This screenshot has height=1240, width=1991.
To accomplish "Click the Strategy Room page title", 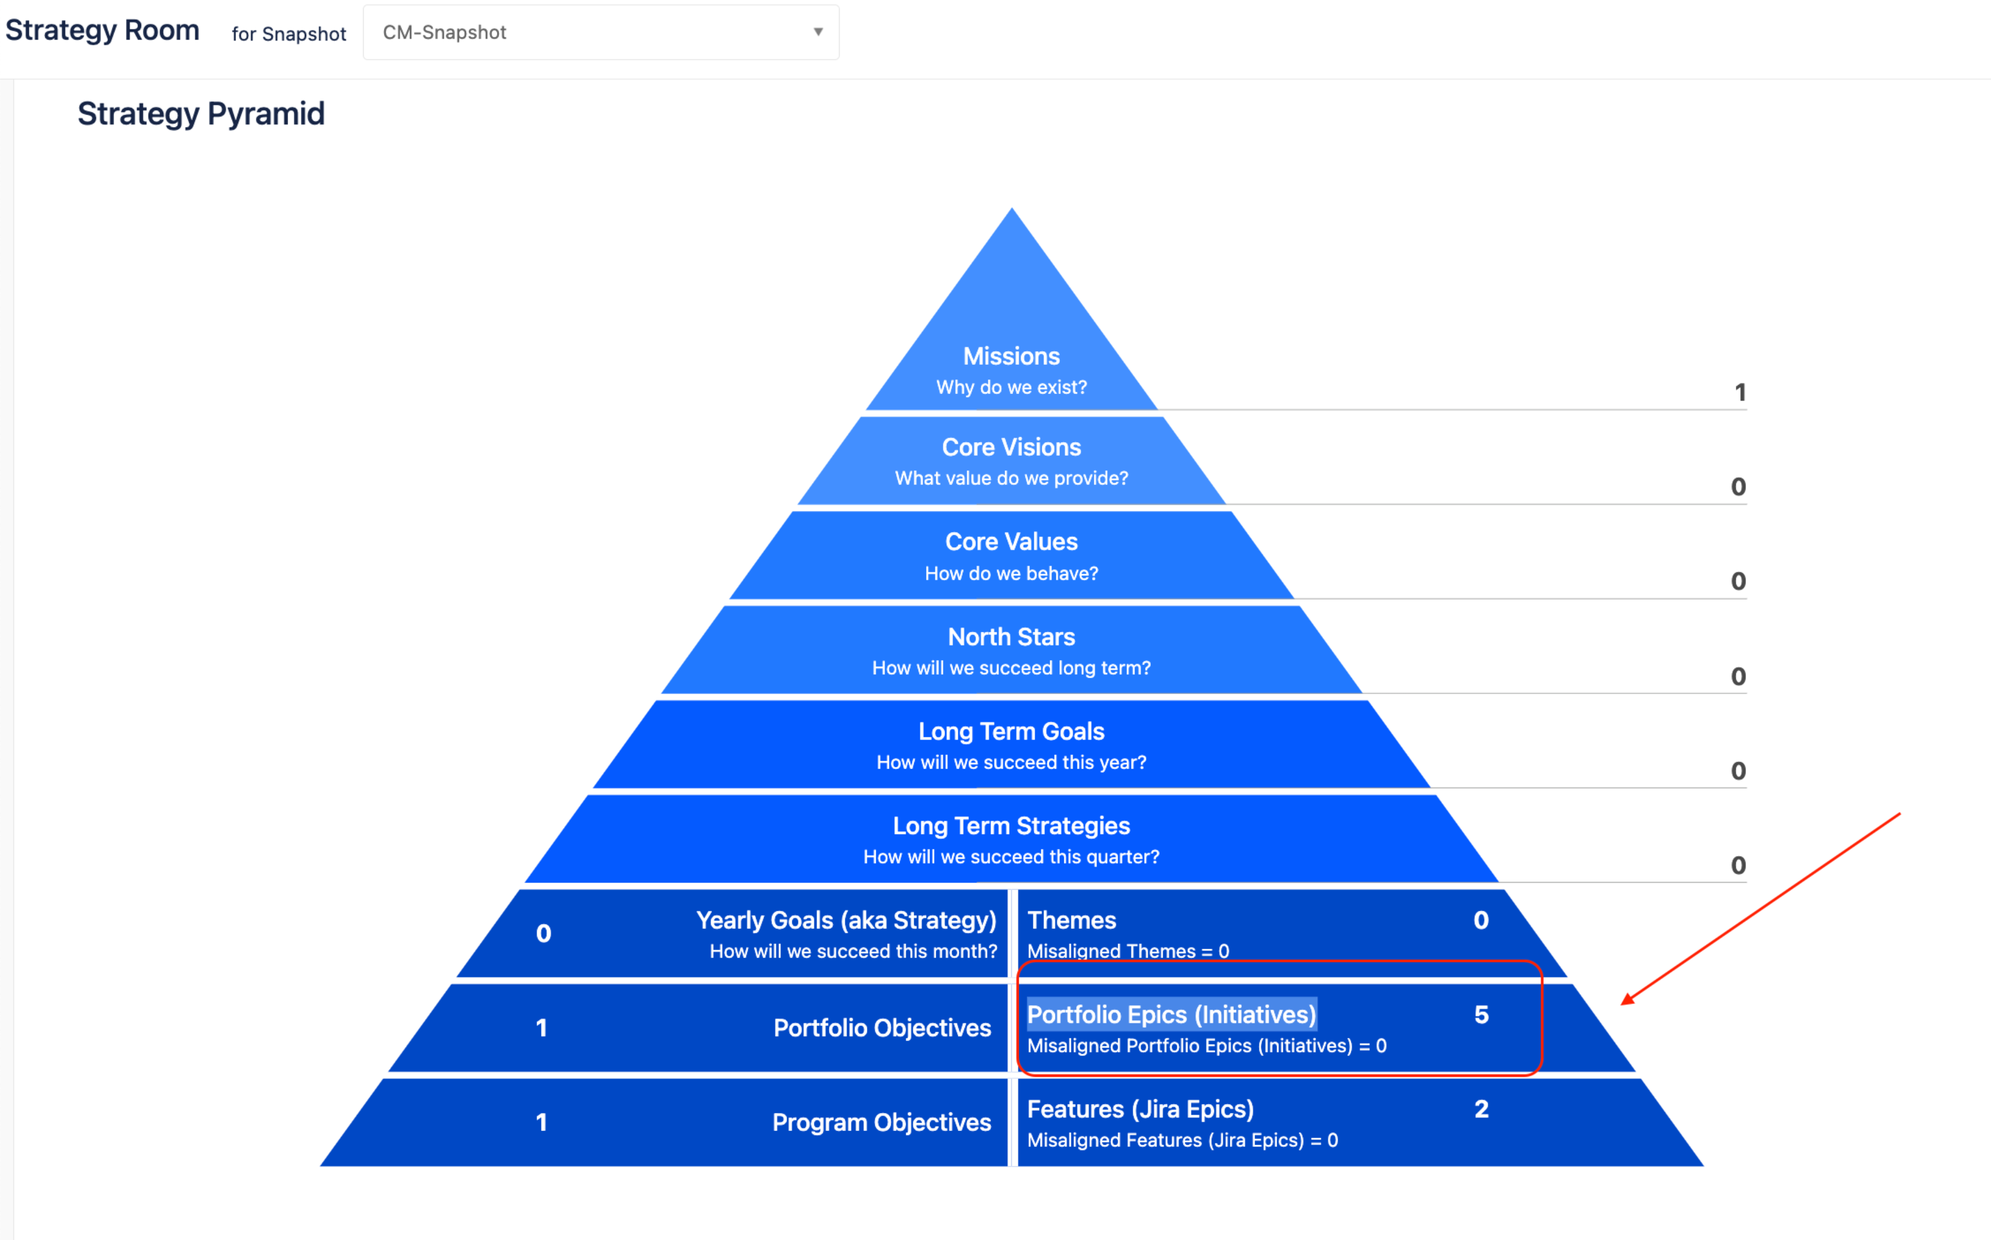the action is tap(103, 30).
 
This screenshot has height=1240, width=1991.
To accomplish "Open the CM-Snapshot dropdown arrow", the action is tap(818, 32).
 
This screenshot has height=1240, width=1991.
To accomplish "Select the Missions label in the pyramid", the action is tap(1011, 356).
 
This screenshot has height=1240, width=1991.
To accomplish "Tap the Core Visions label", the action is tap(1011, 447).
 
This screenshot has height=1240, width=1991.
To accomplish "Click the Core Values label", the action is tap(1011, 542).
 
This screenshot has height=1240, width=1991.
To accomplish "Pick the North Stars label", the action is tap(1011, 636).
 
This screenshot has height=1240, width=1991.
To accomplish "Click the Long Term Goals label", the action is tap(1011, 731).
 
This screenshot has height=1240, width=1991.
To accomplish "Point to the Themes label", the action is tap(1072, 920).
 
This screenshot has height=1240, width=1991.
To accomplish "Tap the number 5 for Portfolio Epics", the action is tap(1481, 1015).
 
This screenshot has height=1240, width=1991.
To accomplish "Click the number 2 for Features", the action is tap(1481, 1109).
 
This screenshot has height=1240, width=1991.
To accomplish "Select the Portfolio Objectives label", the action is tap(881, 1028).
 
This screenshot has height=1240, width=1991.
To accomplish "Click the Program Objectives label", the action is tap(881, 1122).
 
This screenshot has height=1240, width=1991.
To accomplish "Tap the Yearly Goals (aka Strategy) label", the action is tap(845, 920).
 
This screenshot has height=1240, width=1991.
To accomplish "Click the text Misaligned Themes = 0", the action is tap(1128, 951).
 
